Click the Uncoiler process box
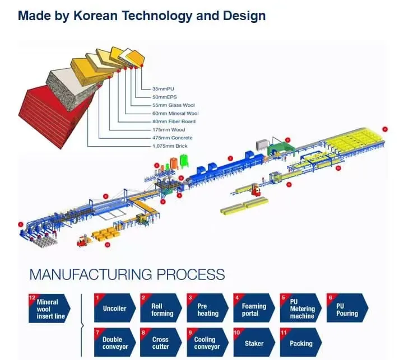[115, 308]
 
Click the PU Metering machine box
[301, 308]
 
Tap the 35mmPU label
[164, 88]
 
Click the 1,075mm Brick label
[170, 146]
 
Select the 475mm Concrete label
[172, 138]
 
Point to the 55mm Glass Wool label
[173, 105]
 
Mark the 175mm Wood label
[169, 130]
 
